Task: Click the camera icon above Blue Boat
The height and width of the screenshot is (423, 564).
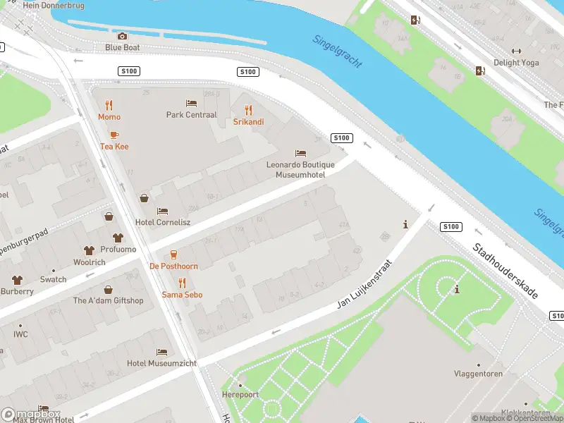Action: (x=122, y=36)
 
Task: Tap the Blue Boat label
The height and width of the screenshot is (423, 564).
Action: (x=122, y=47)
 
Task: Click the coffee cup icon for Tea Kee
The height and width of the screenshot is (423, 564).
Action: (x=114, y=135)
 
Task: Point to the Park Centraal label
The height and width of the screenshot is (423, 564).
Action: (x=191, y=114)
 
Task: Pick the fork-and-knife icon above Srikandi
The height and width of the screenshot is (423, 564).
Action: (x=248, y=110)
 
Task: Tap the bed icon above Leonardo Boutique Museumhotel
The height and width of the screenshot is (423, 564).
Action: (x=300, y=153)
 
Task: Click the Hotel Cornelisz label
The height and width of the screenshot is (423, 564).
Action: (x=163, y=222)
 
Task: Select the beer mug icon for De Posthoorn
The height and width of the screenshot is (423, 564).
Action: (x=173, y=255)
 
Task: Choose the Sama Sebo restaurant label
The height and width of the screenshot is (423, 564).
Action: (x=182, y=294)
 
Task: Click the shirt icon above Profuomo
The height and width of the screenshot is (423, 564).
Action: (x=118, y=238)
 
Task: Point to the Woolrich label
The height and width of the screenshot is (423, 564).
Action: (x=90, y=262)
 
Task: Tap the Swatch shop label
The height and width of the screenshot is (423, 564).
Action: (x=53, y=279)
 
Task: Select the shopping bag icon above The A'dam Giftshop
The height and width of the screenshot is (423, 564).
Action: (x=109, y=289)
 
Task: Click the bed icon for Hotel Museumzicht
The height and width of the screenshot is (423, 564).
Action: (x=161, y=352)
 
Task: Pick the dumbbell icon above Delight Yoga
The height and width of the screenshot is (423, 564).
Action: (x=516, y=51)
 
